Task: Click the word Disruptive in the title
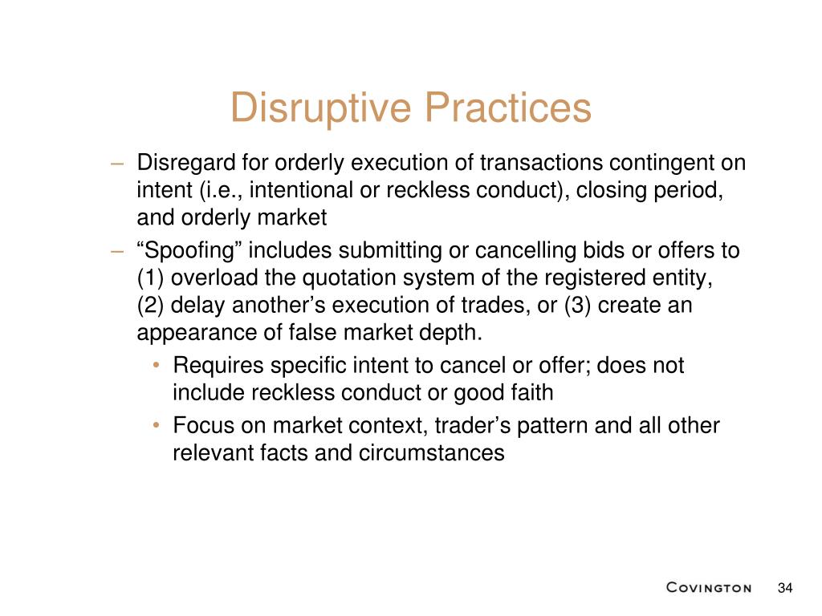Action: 321,108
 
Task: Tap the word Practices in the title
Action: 508,107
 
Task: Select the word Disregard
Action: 186,163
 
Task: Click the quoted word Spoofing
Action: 189,251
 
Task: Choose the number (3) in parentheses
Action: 578,306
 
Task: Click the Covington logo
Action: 709,588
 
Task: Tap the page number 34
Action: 785,588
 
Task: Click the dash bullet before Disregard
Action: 117,164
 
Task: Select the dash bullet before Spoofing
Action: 117,252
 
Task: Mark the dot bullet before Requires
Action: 156,365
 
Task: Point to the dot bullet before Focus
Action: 156,425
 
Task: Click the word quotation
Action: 349,278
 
